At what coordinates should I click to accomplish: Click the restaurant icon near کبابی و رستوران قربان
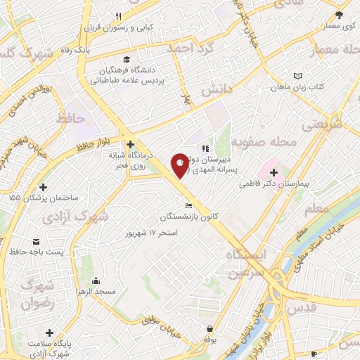[119, 16]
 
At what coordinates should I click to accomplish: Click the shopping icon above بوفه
[210, 329]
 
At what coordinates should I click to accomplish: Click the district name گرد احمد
[190, 49]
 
